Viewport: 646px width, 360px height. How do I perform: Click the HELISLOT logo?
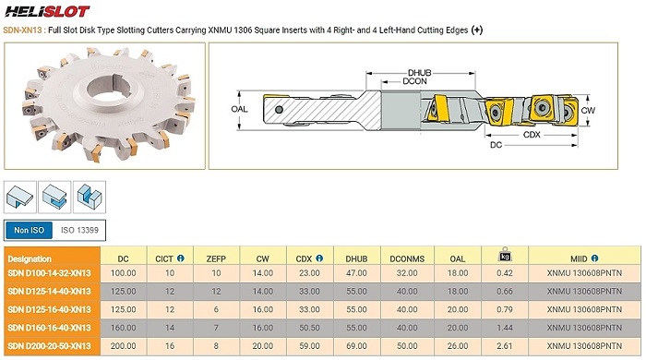pos(47,11)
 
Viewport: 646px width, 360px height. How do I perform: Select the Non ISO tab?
pos(29,230)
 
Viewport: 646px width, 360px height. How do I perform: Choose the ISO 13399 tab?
pos(79,230)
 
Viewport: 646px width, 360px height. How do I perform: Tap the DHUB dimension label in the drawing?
pos(419,73)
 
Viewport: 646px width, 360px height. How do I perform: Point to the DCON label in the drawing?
pos(414,81)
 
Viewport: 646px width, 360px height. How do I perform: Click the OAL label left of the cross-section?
pos(239,109)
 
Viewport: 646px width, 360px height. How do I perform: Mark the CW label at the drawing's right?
pos(588,110)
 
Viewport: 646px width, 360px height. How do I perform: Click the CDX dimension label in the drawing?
pos(532,135)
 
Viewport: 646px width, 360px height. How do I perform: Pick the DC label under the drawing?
pos(496,145)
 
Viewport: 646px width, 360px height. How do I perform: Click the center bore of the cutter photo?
pos(109,90)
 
